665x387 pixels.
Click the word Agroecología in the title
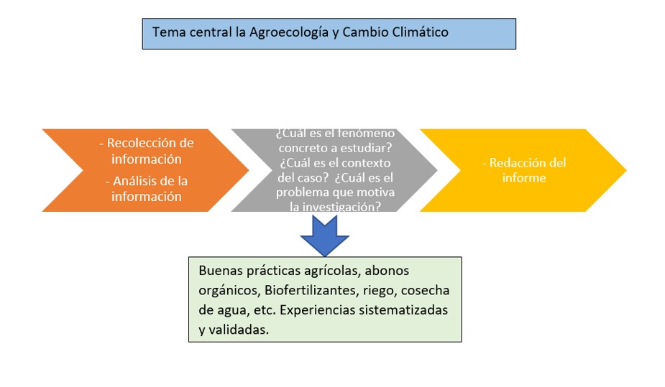point(283,32)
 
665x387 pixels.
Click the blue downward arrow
point(325,235)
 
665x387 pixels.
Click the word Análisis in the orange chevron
point(134,181)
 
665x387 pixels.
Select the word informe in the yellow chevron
point(524,177)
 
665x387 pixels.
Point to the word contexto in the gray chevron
point(367,162)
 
